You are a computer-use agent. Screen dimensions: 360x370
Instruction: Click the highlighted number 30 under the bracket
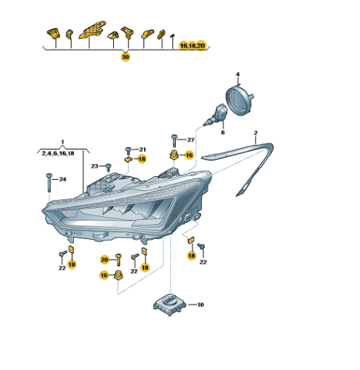pos(125,57)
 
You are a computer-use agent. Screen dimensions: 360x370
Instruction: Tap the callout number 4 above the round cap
pos(237,74)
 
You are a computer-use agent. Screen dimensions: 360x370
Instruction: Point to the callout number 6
pos(223,132)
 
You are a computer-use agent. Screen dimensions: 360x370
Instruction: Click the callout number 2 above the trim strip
pos(256,133)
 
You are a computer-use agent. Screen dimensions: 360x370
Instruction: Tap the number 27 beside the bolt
pos(191,140)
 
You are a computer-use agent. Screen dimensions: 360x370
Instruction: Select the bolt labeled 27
pos(174,141)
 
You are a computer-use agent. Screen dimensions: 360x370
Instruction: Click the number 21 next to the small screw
pos(143,149)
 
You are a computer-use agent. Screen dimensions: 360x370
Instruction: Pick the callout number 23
pos(95,166)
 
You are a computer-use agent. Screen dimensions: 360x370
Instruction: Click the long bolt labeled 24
pos(49,183)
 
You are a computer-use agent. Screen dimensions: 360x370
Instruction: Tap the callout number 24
pos(63,179)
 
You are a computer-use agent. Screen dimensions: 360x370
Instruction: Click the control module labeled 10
pos(169,305)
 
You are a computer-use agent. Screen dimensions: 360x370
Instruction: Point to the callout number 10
pos(200,305)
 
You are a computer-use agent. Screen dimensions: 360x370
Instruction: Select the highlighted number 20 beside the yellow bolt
pos(104,260)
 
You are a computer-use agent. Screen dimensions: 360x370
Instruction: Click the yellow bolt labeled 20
pos(118,260)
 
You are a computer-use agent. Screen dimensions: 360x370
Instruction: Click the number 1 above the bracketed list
pos(63,142)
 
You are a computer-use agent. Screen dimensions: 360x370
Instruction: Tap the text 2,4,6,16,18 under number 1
pos(58,153)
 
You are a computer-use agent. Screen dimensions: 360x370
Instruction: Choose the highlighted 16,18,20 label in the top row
pos(192,46)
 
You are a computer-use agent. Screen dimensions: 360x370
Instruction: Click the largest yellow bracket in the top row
pos(93,30)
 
